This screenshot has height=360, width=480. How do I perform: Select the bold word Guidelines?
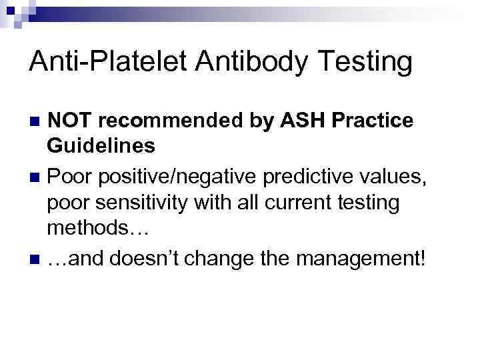click(x=101, y=145)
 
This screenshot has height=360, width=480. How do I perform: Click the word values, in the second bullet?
click(x=403, y=178)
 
